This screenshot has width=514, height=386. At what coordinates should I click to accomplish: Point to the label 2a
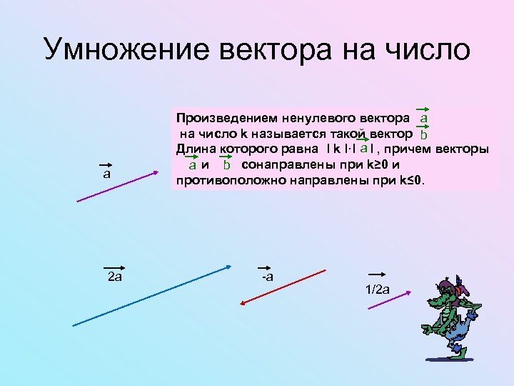pos(114,277)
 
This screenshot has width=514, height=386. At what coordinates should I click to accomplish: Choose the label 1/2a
pos(378,289)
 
